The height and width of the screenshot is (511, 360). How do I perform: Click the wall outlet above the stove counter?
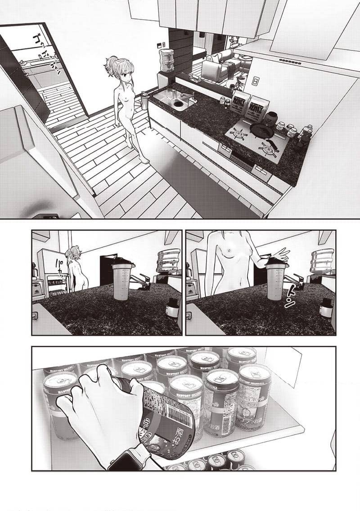point(255,81)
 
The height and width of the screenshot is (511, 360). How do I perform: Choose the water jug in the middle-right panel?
point(322,262)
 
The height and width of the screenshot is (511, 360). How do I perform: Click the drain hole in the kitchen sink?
point(178,104)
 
